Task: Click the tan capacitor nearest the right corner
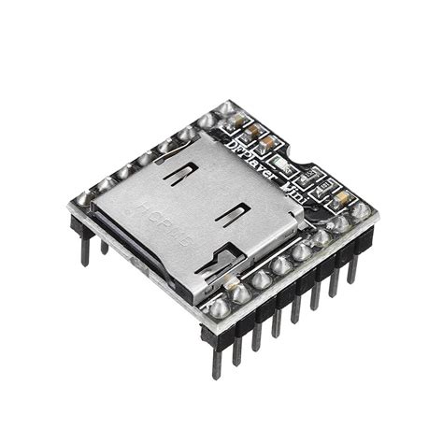click(342, 198)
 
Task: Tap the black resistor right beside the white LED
click(307, 176)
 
